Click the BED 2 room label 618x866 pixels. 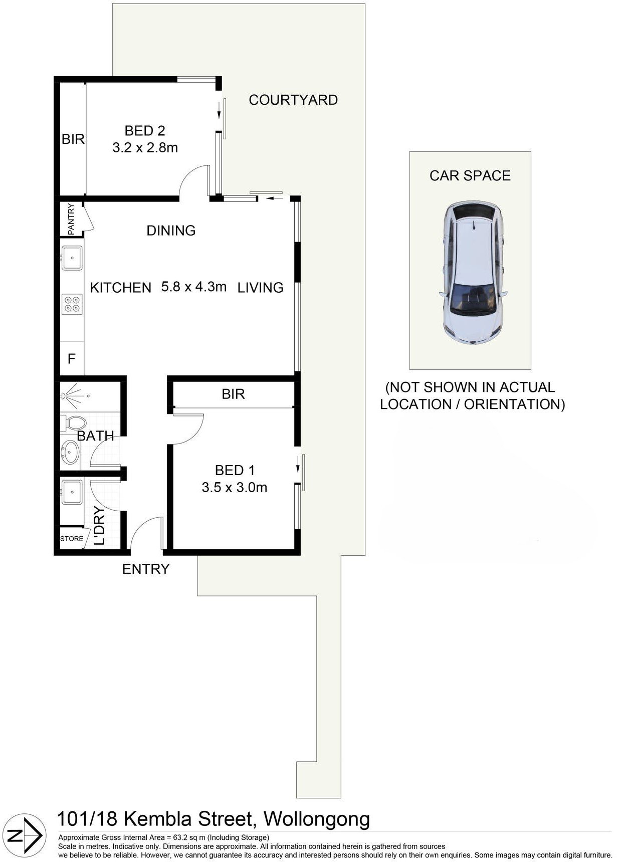[145, 131]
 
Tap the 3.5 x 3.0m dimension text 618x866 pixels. [235, 487]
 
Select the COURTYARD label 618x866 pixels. [293, 100]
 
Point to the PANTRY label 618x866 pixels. [71, 219]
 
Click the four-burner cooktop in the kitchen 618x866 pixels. [72, 305]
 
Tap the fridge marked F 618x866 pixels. [72, 358]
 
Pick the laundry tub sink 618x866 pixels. [72, 492]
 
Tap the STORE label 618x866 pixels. [72, 539]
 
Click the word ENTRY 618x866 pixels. [146, 569]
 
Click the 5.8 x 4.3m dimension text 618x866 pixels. [194, 287]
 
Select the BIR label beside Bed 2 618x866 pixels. [73, 139]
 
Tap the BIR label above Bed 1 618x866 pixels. [234, 394]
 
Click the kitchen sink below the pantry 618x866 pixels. [72, 258]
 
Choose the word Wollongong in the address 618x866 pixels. [317, 819]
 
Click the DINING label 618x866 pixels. [171, 231]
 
